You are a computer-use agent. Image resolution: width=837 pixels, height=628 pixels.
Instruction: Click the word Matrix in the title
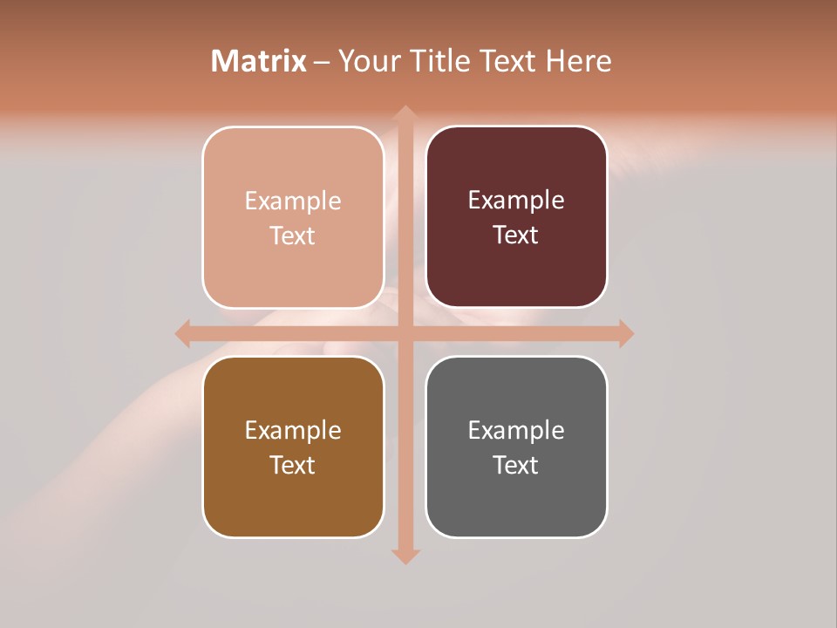pyautogui.click(x=259, y=61)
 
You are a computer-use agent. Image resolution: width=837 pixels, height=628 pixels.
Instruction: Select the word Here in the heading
pyautogui.click(x=579, y=61)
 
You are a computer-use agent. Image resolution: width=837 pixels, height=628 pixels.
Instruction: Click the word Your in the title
pyautogui.click(x=367, y=61)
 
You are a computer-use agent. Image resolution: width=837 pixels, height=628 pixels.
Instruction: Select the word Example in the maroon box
pyautogui.click(x=516, y=201)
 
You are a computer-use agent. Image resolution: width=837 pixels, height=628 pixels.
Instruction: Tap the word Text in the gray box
pyautogui.click(x=516, y=466)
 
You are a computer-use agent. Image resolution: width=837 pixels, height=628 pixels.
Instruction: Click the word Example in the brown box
pyautogui.click(x=293, y=430)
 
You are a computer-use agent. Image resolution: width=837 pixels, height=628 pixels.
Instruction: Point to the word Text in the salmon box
pyautogui.click(x=293, y=236)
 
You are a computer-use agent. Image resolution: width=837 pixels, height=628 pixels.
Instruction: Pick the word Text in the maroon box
pyautogui.click(x=516, y=235)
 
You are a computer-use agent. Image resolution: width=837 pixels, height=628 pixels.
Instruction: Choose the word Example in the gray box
pyautogui.click(x=516, y=430)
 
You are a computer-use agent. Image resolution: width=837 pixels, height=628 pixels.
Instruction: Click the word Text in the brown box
pyautogui.click(x=293, y=466)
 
